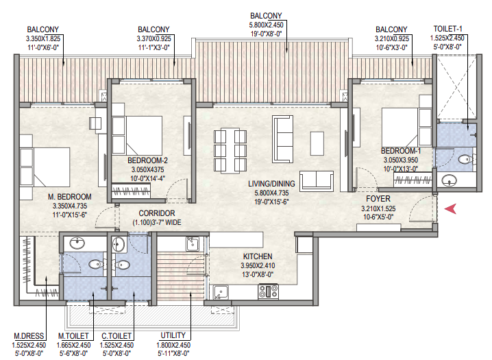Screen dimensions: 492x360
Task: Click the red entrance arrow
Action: click(x=451, y=208)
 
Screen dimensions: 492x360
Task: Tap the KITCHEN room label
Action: click(x=258, y=256)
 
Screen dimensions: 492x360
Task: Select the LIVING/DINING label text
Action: click(x=272, y=184)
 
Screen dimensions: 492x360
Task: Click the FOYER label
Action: click(x=378, y=199)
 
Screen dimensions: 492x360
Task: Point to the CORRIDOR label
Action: click(x=157, y=213)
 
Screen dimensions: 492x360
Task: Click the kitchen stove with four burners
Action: click(x=268, y=291)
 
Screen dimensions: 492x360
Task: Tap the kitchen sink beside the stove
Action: click(x=221, y=292)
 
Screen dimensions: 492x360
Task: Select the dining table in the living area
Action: click(x=230, y=151)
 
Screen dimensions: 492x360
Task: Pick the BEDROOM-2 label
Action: click(x=147, y=160)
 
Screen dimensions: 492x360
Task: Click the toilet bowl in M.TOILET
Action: click(x=96, y=264)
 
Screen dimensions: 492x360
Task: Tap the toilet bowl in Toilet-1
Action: click(x=465, y=160)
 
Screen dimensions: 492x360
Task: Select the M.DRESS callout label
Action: click(x=29, y=336)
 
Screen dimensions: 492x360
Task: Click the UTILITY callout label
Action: click(x=173, y=335)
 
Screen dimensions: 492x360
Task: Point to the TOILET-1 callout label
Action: click(x=447, y=29)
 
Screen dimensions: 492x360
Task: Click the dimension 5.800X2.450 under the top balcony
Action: click(x=267, y=25)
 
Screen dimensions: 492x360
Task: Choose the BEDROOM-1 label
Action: click(x=401, y=151)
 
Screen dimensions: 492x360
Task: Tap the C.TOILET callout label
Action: click(x=116, y=336)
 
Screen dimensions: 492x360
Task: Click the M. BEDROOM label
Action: click(x=70, y=197)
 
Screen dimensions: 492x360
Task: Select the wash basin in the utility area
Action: click(x=192, y=244)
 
